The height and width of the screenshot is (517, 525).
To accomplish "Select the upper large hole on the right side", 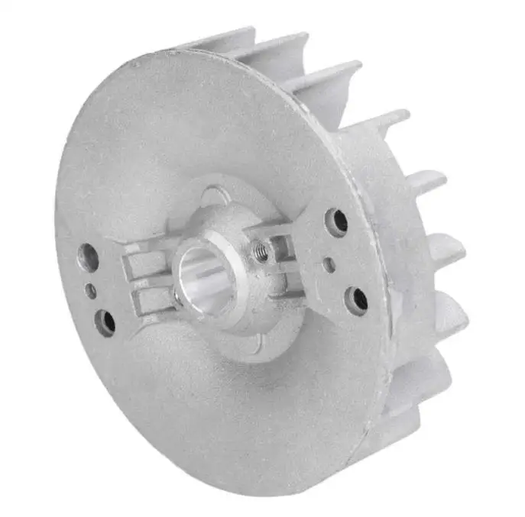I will click(x=336, y=221).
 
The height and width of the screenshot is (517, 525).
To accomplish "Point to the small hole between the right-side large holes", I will click(x=329, y=264).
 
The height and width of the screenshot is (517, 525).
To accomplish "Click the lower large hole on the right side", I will click(x=357, y=299).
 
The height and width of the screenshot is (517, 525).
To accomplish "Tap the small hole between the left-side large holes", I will click(x=91, y=291).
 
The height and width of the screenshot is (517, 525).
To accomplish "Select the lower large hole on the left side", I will click(x=105, y=322).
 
